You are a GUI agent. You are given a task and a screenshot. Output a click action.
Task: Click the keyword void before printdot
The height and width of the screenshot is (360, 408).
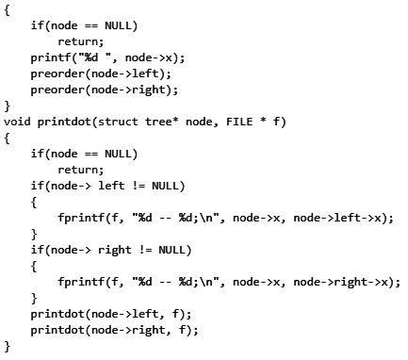tap(17, 122)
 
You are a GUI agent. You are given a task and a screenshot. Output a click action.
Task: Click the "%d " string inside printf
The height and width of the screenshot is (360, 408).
tap(90, 57)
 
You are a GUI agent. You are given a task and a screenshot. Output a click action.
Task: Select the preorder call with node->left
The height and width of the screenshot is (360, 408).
tap(101, 74)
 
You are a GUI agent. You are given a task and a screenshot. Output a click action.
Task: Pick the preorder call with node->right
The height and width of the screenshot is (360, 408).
tap(104, 90)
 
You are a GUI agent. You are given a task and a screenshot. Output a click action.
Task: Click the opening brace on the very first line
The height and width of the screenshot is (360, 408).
tap(8, 9)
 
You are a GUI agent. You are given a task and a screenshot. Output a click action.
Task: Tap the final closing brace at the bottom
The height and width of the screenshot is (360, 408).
tap(8, 346)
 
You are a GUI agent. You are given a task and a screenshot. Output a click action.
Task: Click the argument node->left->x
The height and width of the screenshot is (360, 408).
tap(344, 218)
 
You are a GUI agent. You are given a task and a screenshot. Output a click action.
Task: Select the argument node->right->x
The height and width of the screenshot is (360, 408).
tap(348, 282)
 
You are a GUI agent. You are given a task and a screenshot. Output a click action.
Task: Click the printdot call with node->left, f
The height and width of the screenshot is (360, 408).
tap(110, 314)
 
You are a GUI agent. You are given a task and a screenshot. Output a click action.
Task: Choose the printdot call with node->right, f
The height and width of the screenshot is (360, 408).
tap(114, 330)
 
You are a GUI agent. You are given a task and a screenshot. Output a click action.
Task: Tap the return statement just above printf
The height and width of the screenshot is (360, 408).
tap(80, 41)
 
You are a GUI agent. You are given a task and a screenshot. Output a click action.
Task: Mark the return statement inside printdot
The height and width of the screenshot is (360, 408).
tap(80, 170)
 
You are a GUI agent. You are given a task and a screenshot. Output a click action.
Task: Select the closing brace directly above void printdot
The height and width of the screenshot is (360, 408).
tap(8, 106)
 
